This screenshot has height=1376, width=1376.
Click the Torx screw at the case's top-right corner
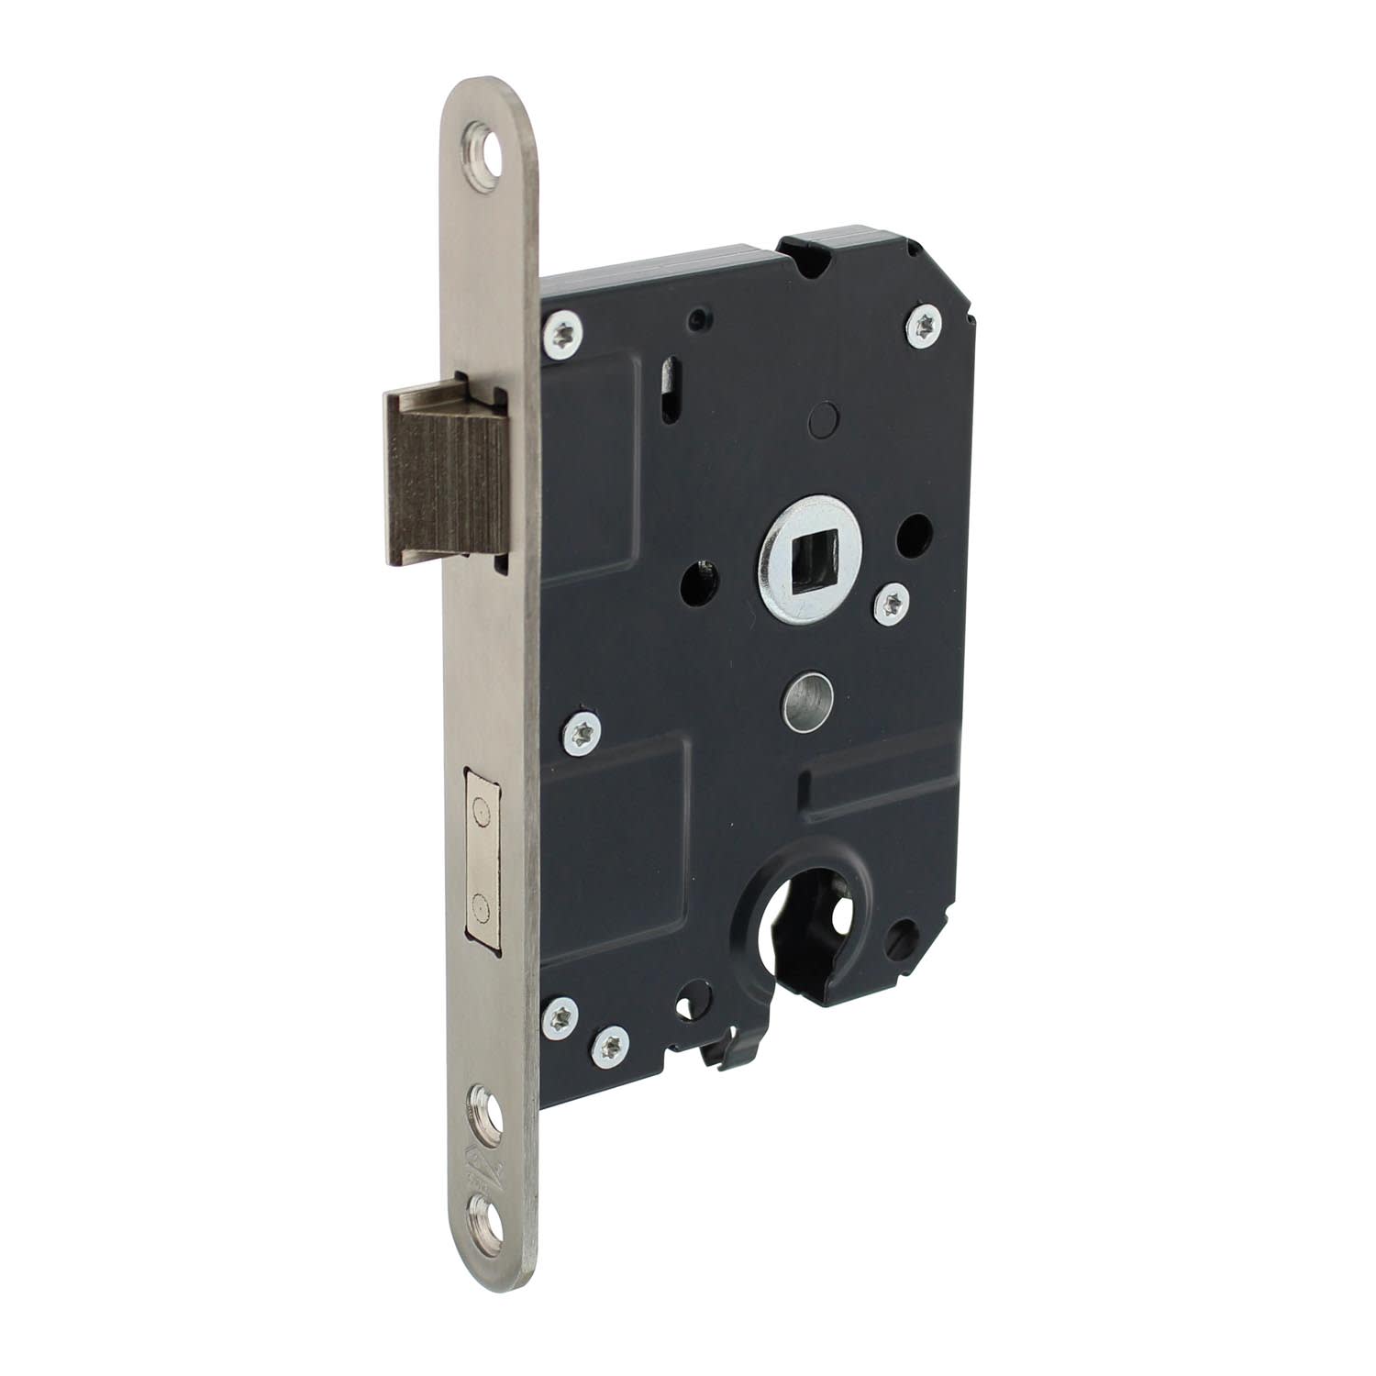924,324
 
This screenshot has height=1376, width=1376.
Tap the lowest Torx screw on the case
609,1044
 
